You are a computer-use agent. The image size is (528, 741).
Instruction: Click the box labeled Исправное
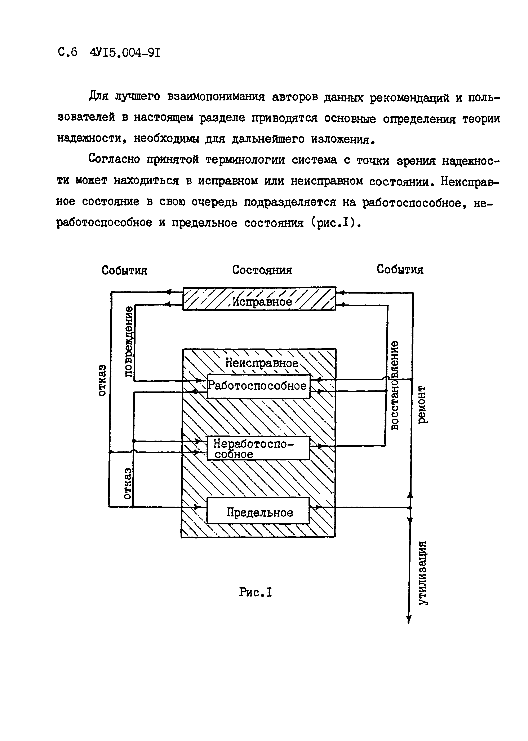point(259,298)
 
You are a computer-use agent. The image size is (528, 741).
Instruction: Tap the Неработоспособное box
point(258,448)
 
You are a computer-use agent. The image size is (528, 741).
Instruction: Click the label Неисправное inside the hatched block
point(262,363)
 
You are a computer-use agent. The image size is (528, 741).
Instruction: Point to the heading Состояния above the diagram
point(262,270)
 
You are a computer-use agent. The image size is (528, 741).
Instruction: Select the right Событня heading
point(400,269)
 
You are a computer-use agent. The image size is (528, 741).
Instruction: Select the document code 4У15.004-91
point(125,53)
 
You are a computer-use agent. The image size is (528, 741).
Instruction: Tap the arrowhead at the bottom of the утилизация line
point(409,620)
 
